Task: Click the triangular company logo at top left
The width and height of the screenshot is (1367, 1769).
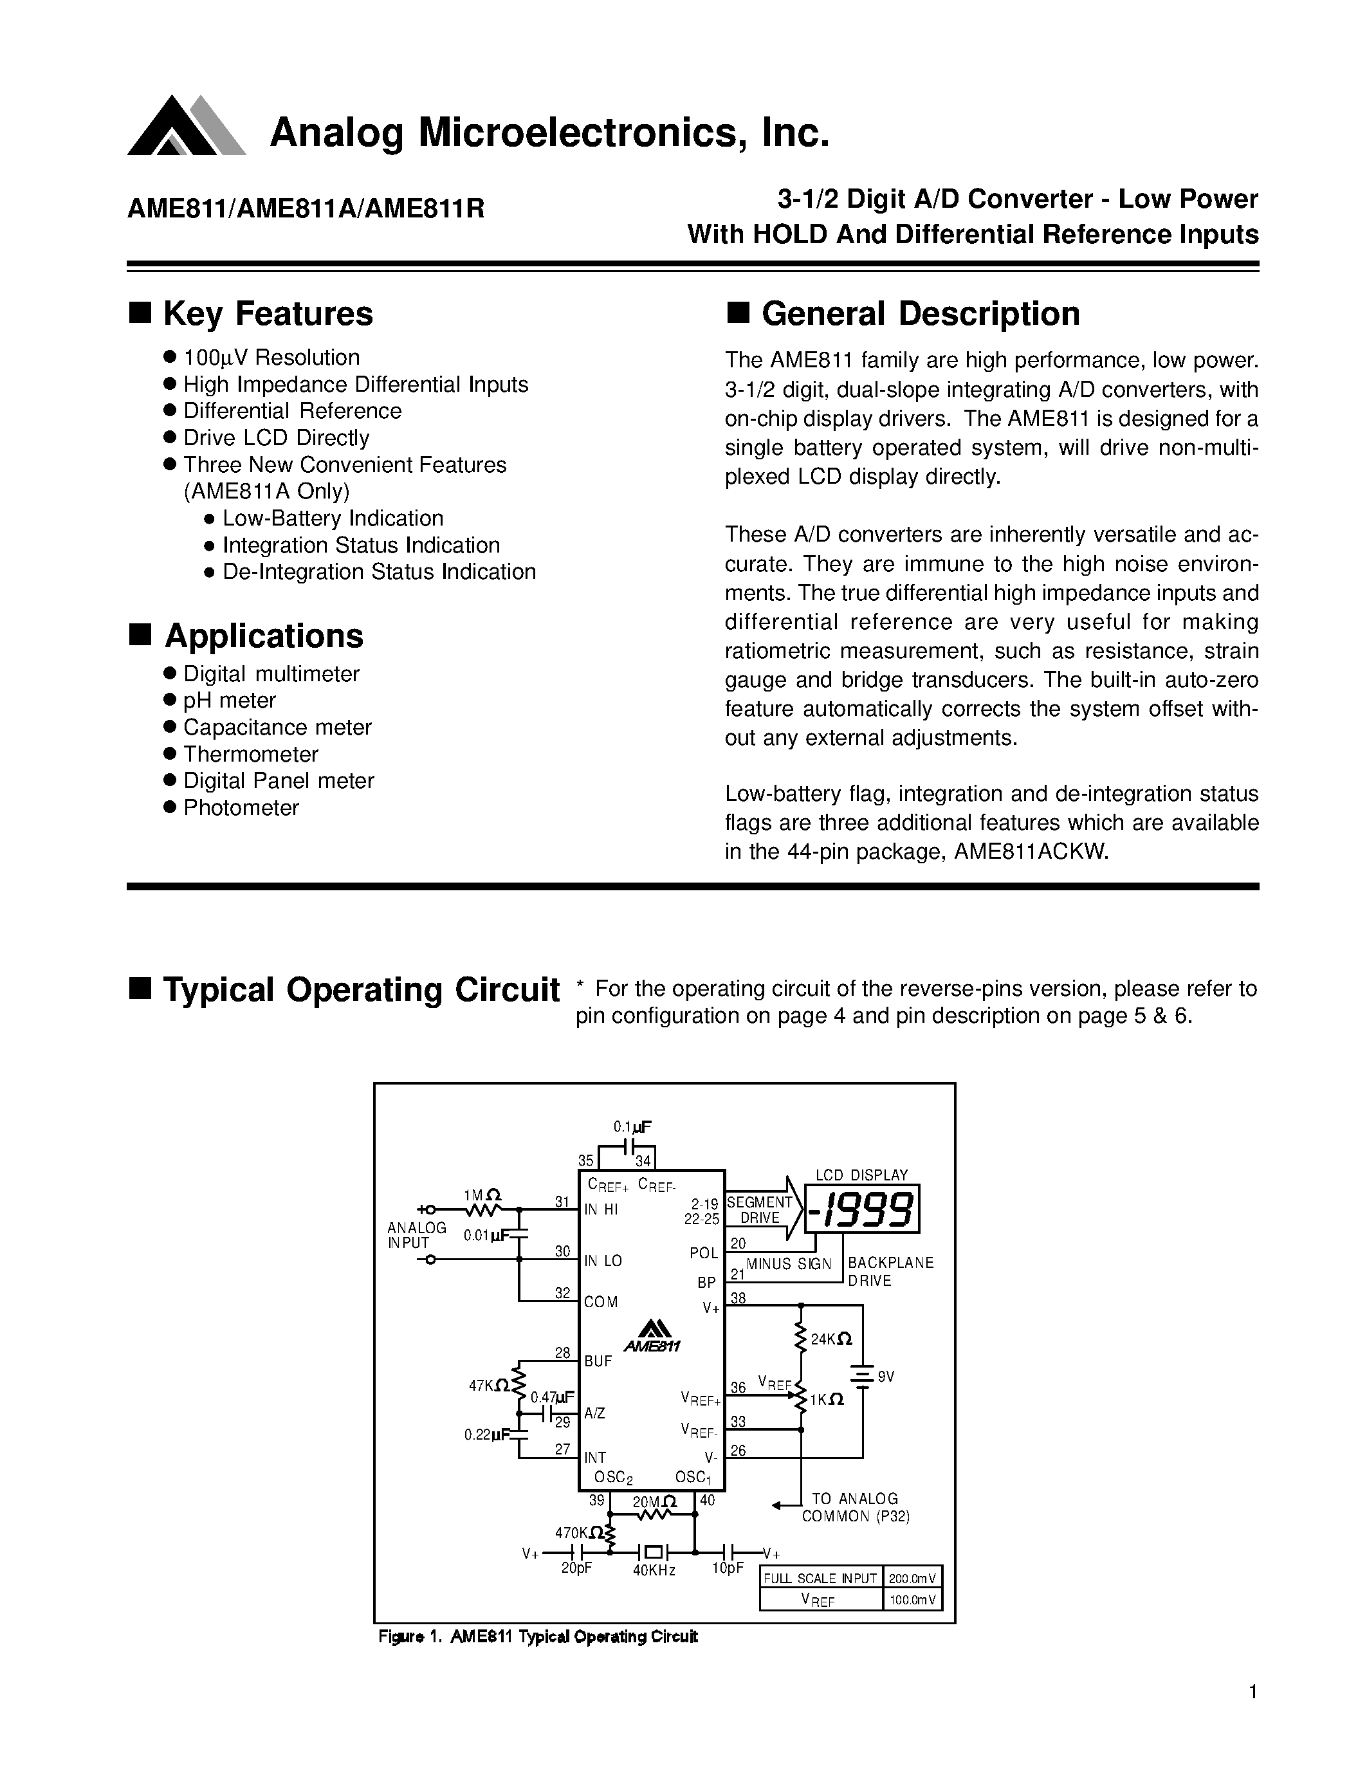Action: [x=185, y=127]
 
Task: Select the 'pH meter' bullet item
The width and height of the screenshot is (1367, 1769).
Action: [x=229, y=700]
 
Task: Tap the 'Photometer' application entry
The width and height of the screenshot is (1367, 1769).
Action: [x=241, y=807]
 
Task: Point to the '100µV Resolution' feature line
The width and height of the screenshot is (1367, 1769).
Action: [x=271, y=358]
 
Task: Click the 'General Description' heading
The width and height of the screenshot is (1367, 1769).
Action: [x=920, y=315]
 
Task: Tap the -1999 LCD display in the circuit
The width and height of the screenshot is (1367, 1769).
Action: [x=863, y=1211]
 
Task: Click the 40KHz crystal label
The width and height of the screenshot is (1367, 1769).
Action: [x=654, y=1570]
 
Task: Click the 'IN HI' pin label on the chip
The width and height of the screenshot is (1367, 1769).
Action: [x=601, y=1210]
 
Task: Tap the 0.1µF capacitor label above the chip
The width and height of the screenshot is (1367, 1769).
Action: [x=632, y=1126]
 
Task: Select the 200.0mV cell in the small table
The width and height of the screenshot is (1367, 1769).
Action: [x=912, y=1578]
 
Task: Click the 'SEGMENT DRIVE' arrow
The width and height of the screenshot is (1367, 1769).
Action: [x=761, y=1210]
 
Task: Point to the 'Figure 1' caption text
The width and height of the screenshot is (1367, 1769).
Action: [x=538, y=1636]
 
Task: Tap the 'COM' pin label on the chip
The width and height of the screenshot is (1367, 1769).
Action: [x=601, y=1303]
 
